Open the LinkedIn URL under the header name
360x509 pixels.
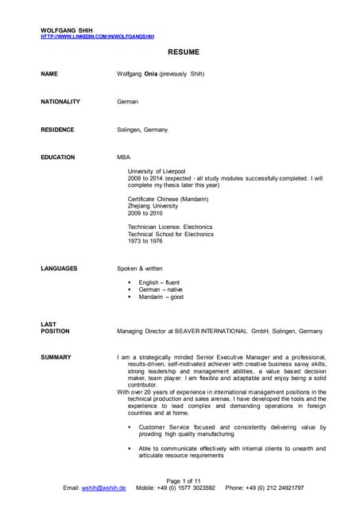97,37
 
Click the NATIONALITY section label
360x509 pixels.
60,102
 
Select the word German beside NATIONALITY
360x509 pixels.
127,102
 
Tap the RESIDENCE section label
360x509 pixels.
57,130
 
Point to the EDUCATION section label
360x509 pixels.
58,157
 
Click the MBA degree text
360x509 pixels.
123,157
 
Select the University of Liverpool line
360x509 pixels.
157,171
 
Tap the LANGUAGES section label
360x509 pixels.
59,269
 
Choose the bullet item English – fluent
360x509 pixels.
159,282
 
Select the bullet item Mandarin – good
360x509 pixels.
161,297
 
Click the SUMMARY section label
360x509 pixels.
56,357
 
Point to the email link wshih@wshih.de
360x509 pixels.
103,488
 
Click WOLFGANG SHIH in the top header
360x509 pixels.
68,30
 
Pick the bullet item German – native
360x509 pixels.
161,289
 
